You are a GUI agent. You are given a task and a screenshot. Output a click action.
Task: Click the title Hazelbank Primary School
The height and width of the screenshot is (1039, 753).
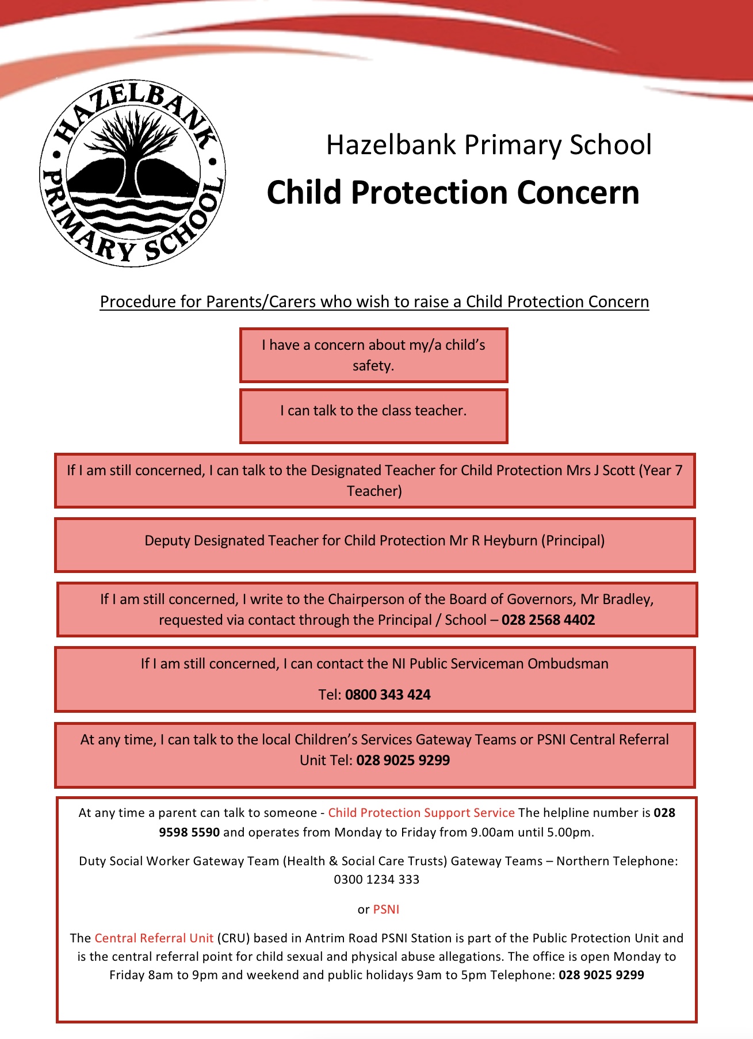click(488, 144)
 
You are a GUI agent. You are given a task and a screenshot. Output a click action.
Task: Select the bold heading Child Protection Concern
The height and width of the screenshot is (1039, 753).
click(453, 192)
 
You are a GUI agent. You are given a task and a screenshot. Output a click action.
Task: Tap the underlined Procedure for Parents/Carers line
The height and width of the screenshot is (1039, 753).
click(374, 301)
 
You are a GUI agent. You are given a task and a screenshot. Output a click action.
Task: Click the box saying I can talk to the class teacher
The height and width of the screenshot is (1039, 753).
click(373, 415)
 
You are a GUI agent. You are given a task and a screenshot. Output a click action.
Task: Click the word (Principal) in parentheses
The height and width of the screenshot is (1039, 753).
click(574, 540)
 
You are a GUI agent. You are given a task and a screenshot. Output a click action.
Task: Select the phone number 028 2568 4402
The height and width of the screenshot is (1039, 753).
click(548, 620)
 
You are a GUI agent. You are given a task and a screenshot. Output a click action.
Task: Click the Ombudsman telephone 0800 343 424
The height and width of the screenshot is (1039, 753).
click(388, 694)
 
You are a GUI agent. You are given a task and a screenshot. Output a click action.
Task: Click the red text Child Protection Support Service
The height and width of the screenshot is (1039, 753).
click(421, 812)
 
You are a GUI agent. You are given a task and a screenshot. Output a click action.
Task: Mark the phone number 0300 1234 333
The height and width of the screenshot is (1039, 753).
click(377, 879)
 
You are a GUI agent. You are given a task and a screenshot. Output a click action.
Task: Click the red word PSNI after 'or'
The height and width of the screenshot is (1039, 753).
click(386, 909)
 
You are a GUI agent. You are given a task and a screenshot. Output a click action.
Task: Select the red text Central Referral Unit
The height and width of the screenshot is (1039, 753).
click(154, 938)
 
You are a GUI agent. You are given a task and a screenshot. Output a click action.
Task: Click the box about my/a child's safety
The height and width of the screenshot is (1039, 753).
click(373, 355)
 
